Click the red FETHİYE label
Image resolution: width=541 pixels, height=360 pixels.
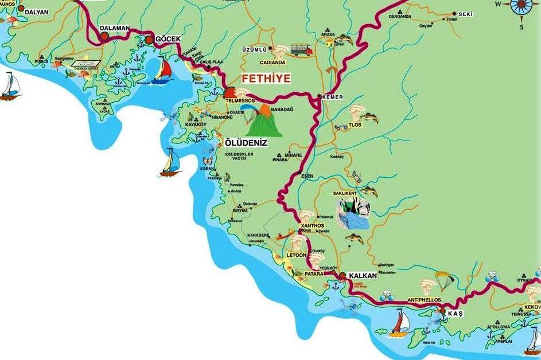(266, 79)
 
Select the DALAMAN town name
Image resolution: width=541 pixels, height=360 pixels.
(115, 28)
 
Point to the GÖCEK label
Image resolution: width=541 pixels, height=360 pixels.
(168, 38)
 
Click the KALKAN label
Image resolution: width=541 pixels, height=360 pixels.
(363, 276)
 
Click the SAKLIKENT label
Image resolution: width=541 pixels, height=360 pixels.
(345, 194)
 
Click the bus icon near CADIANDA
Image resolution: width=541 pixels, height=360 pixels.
(301, 49)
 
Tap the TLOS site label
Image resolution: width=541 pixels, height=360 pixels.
(355, 124)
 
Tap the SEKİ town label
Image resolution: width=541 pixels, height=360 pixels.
(465, 14)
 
